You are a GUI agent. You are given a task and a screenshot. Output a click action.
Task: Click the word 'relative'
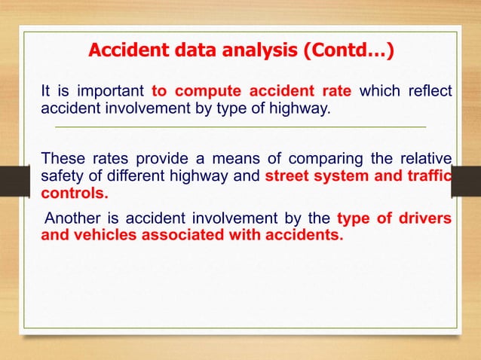424,158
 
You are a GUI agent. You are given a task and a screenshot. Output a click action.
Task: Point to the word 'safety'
61,175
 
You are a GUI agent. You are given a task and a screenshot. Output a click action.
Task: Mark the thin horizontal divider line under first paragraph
241,128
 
